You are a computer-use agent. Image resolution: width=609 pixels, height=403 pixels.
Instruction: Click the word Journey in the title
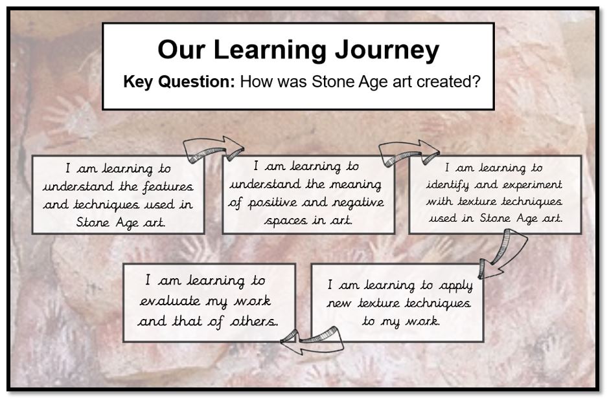[x=387, y=50]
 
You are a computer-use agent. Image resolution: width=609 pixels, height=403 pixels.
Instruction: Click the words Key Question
[x=179, y=82]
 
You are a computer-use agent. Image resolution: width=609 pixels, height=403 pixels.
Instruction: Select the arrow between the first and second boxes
[x=214, y=149]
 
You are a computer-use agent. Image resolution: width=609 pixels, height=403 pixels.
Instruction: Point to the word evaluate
[x=170, y=301]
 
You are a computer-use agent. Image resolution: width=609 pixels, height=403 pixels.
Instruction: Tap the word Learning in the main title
[x=270, y=50]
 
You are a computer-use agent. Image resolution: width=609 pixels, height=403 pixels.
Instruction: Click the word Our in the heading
[x=181, y=50]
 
